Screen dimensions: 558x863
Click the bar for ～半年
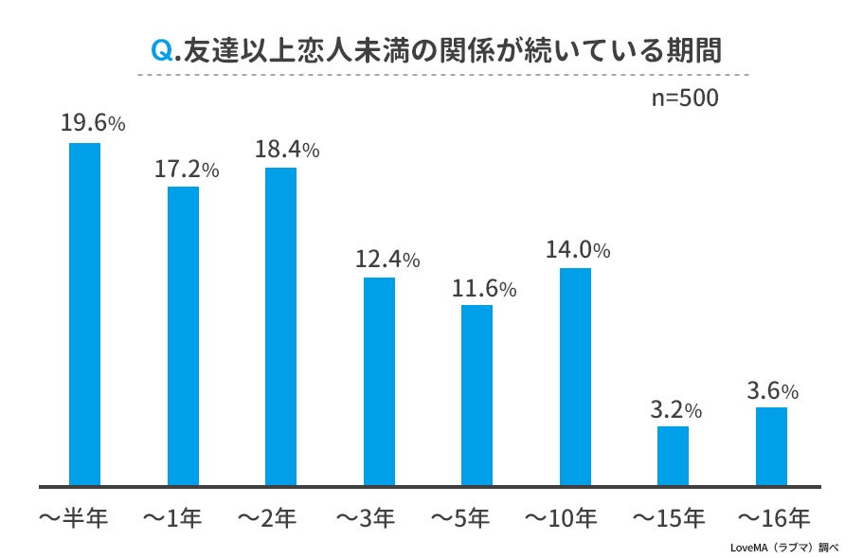[x=85, y=314]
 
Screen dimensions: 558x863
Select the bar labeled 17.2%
[x=183, y=335]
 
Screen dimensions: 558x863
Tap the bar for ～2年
[x=280, y=326]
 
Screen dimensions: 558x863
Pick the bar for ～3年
[x=379, y=381]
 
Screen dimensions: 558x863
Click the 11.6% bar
[x=476, y=394]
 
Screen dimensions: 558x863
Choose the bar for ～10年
[x=575, y=376]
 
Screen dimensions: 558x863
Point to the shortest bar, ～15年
[x=673, y=456]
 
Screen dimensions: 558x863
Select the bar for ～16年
[x=771, y=446]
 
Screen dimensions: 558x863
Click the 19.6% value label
[x=93, y=124]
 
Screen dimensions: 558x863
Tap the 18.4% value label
[x=287, y=149]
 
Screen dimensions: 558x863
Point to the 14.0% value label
[x=577, y=250]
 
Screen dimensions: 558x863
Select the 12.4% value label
[x=387, y=259]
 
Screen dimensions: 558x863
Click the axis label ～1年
[x=172, y=518]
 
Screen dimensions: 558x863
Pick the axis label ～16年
[x=775, y=518]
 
